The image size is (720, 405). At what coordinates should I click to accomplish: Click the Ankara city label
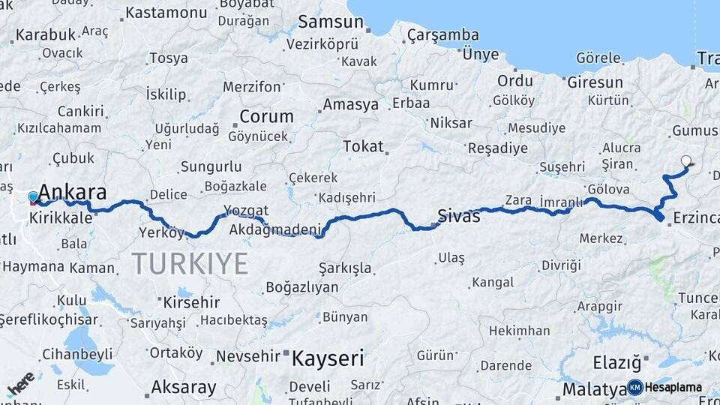72,192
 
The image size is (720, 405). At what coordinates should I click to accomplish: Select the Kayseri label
328,358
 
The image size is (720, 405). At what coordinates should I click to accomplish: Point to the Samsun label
331,22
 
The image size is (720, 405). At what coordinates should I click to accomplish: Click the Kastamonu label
166,13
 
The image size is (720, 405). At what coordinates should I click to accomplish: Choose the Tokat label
363,146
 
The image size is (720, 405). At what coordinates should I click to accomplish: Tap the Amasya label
350,105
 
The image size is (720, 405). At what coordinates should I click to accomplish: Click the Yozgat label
247,211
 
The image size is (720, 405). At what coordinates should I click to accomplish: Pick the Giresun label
595,82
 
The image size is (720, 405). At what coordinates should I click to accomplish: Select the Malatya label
594,389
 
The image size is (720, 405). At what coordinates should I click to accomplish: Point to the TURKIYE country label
190,264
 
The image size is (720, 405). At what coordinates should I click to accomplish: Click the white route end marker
686,160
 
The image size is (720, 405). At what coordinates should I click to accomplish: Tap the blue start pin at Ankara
33,198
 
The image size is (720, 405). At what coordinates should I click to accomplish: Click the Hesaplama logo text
673,388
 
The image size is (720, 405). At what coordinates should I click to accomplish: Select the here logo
20,385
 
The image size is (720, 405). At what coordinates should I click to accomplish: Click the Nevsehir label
247,356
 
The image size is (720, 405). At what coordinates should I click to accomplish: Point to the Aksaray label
184,388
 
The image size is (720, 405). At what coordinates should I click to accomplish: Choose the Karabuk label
46,34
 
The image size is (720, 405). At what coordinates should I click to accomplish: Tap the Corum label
266,116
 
